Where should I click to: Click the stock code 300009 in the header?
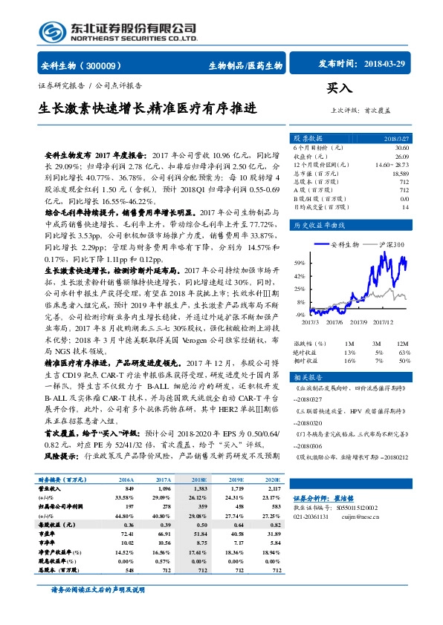pyautogui.click(x=109, y=65)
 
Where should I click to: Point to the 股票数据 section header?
pyautogui.click(x=308, y=139)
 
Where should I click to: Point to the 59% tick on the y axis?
pyautogui.click(x=299, y=264)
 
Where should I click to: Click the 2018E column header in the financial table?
pyautogui.click(x=198, y=480)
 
